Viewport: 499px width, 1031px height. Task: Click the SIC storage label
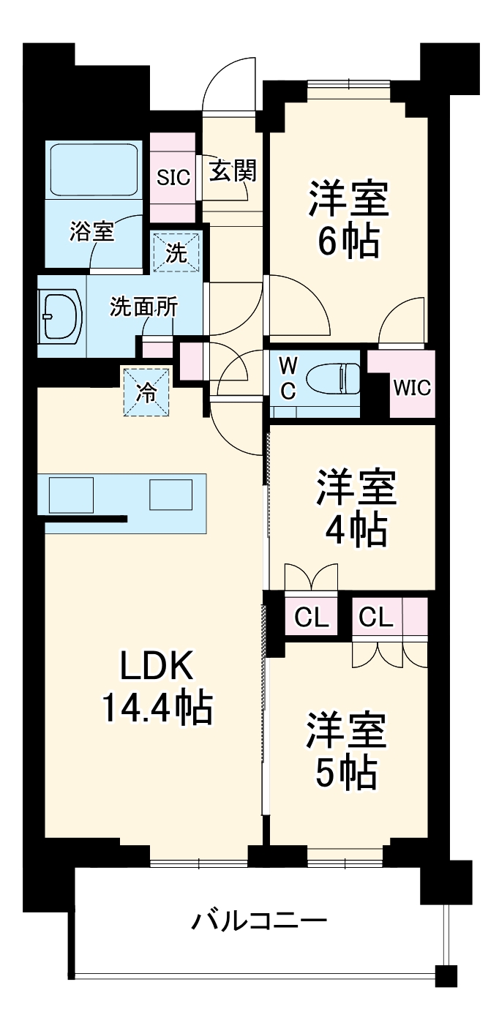[x=173, y=176]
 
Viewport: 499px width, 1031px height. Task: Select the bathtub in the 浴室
[x=94, y=169]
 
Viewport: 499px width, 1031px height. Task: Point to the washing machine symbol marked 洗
[x=176, y=252]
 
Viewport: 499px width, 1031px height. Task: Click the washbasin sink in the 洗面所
[x=61, y=316]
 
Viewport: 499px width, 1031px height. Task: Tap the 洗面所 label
[x=143, y=307]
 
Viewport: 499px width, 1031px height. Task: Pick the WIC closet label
[x=412, y=387]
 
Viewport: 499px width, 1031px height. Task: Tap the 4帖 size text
[x=356, y=530]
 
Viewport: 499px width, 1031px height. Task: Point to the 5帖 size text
[x=346, y=771]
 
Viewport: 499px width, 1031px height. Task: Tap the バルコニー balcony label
[x=259, y=919]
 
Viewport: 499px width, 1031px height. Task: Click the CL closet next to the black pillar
[x=311, y=618]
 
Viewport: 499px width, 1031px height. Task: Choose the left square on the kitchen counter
[x=71, y=494]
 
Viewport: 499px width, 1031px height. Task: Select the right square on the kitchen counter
[x=170, y=494]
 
